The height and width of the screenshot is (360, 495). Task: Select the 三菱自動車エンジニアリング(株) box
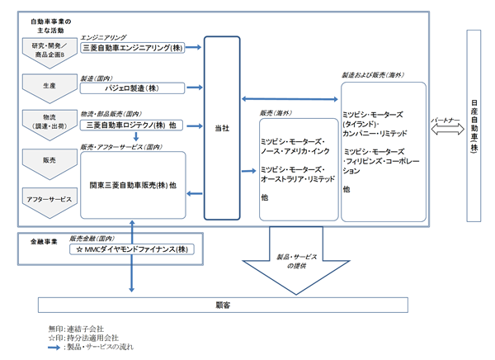tap(134, 49)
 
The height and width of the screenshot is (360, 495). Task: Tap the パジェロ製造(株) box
tap(134, 87)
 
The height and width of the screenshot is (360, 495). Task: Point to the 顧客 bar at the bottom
tap(224, 306)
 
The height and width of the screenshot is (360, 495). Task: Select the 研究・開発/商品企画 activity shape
tap(48, 50)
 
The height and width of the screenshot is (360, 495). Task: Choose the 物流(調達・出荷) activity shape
tap(48, 121)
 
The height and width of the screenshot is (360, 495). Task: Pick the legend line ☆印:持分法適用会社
tap(83, 337)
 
